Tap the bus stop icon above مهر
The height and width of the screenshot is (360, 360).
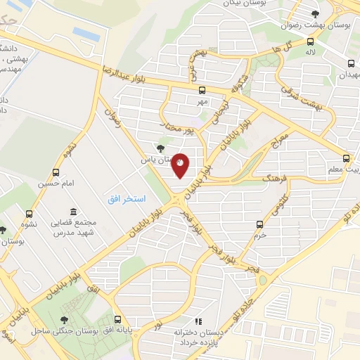[x=202, y=90]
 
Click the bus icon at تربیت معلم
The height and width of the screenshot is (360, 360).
[x=346, y=159]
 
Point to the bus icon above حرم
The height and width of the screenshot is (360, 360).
[x=260, y=224]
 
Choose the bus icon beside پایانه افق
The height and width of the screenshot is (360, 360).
[x=117, y=318]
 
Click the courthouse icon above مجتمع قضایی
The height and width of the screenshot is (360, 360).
[x=74, y=212]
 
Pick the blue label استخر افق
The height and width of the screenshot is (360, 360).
[x=127, y=200]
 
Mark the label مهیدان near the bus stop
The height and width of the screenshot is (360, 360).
[x=349, y=74]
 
